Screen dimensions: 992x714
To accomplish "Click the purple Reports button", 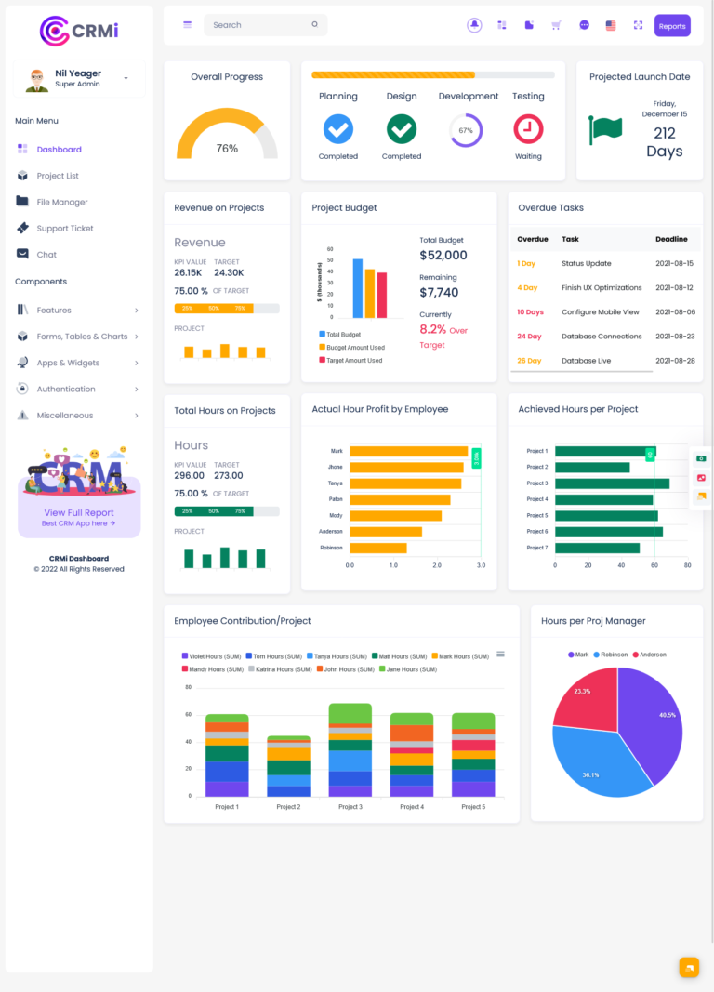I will [x=671, y=26].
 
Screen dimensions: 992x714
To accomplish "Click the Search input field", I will [x=261, y=25].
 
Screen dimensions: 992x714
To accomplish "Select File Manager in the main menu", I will [x=61, y=202].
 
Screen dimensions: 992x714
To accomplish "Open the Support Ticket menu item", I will [x=64, y=228].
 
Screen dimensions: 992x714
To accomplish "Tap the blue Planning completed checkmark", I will [x=337, y=129].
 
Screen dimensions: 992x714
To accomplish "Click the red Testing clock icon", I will [x=528, y=129].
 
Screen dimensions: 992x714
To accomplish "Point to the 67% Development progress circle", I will [x=466, y=130].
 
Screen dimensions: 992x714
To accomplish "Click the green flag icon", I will [x=605, y=130].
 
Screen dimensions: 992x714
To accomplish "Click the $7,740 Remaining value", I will [x=439, y=292].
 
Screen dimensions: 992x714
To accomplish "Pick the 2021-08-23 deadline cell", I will [x=675, y=337].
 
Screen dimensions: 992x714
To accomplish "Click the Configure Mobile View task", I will [x=600, y=312].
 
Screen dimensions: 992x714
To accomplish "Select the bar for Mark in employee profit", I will [x=408, y=451].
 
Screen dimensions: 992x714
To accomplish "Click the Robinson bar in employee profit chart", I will [x=377, y=548].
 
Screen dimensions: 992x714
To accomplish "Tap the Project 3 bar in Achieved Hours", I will [x=612, y=483].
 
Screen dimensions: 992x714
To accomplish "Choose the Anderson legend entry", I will [x=650, y=655].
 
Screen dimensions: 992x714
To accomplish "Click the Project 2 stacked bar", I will [x=288, y=766].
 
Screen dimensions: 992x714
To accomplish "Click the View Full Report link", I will [x=79, y=512].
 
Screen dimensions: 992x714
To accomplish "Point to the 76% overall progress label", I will [x=227, y=149].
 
